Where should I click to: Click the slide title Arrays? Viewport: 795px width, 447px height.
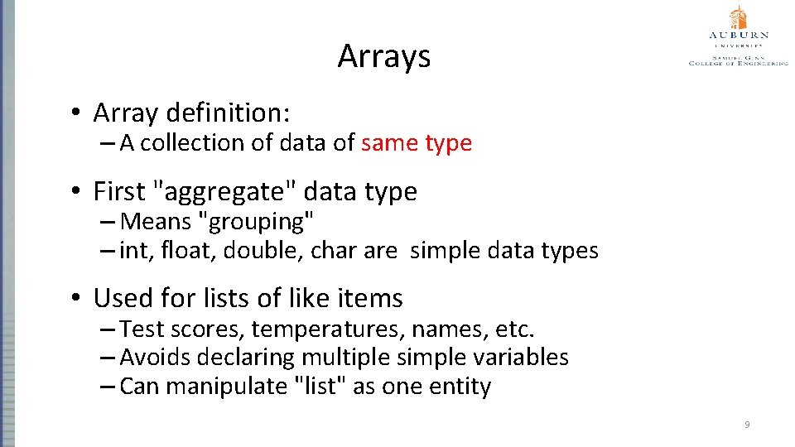(384, 56)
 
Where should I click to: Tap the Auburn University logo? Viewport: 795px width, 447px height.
(738, 37)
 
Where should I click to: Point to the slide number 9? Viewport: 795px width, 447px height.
(747, 425)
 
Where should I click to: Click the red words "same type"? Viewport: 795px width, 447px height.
(417, 143)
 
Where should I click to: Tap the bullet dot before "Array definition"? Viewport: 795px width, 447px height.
(75, 113)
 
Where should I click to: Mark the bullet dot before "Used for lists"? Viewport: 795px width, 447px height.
(75, 298)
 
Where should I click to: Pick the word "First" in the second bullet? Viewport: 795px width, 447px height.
(119, 192)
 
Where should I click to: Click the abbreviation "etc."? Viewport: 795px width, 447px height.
(515, 329)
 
